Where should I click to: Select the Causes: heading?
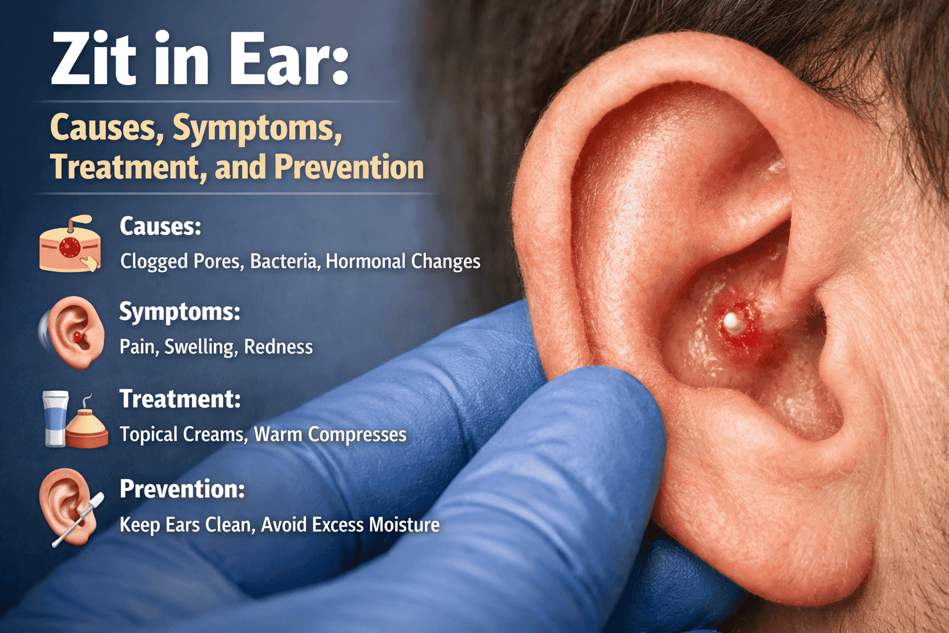pyautogui.click(x=161, y=226)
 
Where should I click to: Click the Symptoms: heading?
pyautogui.click(x=179, y=312)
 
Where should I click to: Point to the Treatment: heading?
pyautogui.click(x=180, y=399)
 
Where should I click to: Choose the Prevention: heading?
pyautogui.click(x=182, y=489)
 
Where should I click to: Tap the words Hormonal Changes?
pyautogui.click(x=403, y=261)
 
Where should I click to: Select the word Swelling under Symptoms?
pyautogui.click(x=200, y=347)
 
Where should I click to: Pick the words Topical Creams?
pyautogui.click(x=182, y=435)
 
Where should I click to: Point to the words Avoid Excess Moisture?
pyautogui.click(x=350, y=525)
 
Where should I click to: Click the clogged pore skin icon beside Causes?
pyautogui.click(x=70, y=245)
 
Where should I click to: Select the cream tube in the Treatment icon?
pyautogui.click(x=55, y=418)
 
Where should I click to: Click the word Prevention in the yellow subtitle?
pyautogui.click(x=349, y=167)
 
